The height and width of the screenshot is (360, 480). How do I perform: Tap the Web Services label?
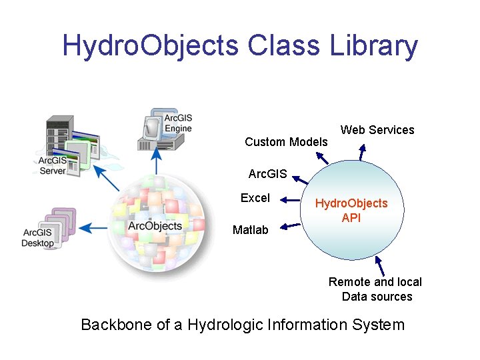tap(377, 130)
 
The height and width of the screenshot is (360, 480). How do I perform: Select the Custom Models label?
tap(286, 141)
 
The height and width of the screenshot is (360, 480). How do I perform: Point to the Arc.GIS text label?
tap(267, 175)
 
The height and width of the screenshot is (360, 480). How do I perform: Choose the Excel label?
tap(255, 198)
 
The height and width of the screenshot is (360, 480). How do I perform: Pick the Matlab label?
tap(251, 230)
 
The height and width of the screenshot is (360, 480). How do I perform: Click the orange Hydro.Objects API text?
tap(351, 210)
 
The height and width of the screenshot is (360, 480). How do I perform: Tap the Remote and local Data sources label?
tap(376, 289)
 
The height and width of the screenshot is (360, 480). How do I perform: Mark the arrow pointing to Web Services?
tap(362, 153)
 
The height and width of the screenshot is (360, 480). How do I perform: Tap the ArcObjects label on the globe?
tap(155, 226)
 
